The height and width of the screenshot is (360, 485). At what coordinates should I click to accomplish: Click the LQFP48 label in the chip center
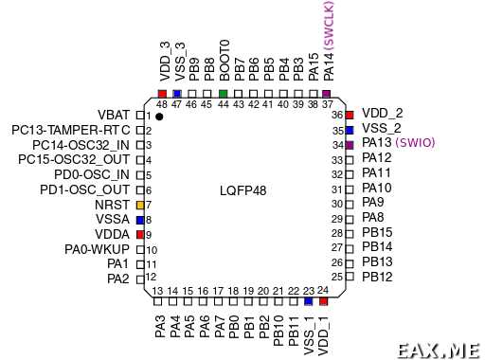coord(243,190)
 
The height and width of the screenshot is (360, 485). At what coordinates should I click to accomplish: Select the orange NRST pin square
coord(139,205)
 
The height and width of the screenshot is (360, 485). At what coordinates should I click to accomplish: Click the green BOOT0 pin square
coord(223,94)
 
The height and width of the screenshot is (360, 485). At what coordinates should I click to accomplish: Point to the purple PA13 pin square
coord(350,144)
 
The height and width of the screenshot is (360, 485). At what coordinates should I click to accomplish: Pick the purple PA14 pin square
coord(327,94)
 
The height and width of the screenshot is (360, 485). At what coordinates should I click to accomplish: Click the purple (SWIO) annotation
coord(415,143)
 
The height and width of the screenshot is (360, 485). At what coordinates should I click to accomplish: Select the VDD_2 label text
coord(383,113)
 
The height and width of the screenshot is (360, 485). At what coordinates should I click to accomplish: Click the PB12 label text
coord(377,277)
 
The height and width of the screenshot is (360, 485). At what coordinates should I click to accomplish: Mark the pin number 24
coord(322,290)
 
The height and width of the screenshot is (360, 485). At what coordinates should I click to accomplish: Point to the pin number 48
coord(161,104)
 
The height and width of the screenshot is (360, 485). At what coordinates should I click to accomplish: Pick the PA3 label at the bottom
coord(161,328)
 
